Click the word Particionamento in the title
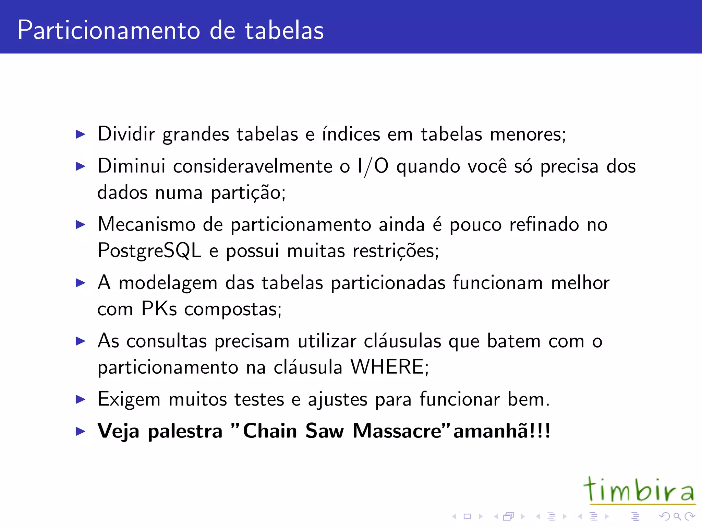click(108, 30)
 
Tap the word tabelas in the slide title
click(284, 30)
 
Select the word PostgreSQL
click(149, 250)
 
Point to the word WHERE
click(388, 367)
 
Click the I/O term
click(373, 166)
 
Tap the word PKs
click(159, 308)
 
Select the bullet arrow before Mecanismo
click(81, 225)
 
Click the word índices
click(351, 134)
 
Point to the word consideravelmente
click(253, 166)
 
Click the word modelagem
click(168, 283)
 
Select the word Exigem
click(129, 400)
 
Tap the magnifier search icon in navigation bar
click(677, 516)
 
